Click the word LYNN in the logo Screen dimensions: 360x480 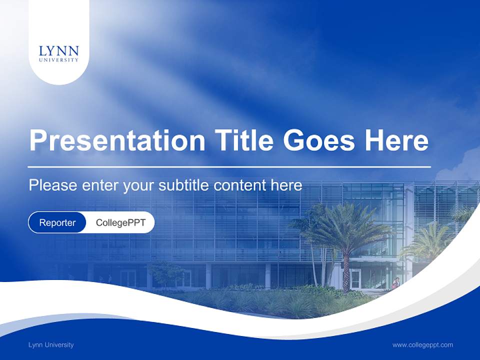pyautogui.click(x=58, y=51)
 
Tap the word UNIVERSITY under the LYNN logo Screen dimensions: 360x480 pyautogui.click(x=58, y=60)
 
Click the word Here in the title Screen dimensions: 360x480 pyautogui.click(x=396, y=140)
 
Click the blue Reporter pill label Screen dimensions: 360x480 pyautogui.click(x=57, y=222)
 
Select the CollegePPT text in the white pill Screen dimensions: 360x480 pyautogui.click(x=120, y=222)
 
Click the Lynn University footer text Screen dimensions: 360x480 pyautogui.click(x=51, y=345)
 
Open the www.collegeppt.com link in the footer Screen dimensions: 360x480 pyautogui.click(x=422, y=345)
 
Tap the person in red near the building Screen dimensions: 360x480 pyautogui.click(x=395, y=283)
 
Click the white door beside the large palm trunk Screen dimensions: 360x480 pyautogui.click(x=355, y=278)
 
